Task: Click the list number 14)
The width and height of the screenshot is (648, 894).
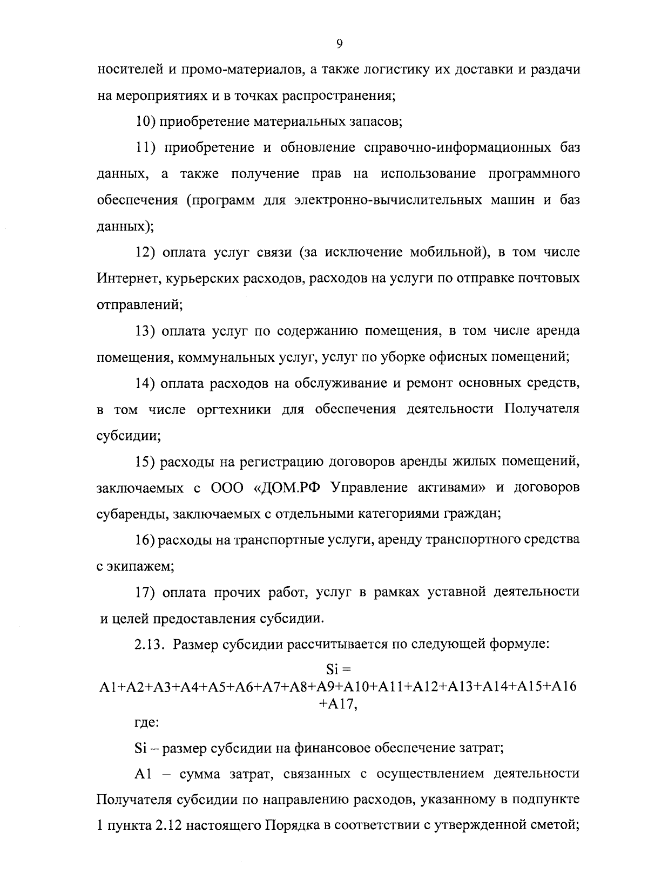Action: [146, 383]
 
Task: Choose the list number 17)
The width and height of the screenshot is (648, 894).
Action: [146, 592]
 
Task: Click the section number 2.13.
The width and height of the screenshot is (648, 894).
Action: [149, 645]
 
